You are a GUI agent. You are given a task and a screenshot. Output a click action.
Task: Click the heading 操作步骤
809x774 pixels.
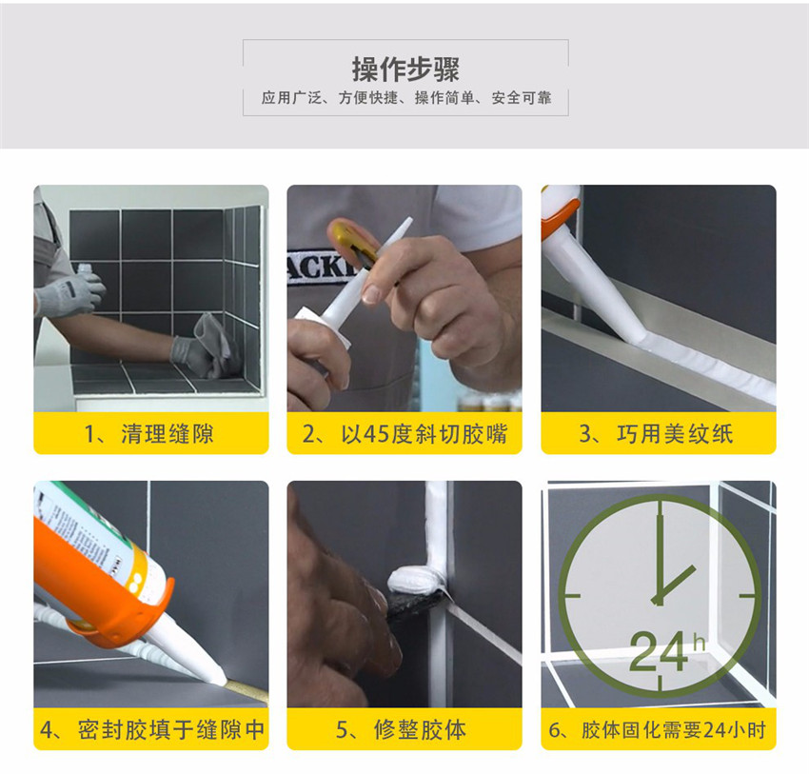coord(405,69)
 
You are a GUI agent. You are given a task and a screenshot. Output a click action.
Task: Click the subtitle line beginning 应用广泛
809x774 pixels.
coord(406,97)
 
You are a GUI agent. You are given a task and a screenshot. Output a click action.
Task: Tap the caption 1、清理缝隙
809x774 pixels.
coord(149,433)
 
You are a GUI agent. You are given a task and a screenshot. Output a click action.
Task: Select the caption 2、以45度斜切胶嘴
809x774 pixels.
coord(405,433)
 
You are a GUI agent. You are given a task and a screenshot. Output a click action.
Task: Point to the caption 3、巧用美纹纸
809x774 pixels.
coord(656,433)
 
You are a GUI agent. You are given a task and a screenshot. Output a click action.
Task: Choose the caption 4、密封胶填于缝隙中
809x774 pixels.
coord(152,729)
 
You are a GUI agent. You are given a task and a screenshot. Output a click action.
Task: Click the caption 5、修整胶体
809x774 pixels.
coord(402,729)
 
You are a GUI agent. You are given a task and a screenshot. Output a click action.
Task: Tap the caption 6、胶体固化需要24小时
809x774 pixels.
coord(658,729)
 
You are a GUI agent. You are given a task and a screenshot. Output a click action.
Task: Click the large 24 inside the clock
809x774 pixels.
coord(659,651)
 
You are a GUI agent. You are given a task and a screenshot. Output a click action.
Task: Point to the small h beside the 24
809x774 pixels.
coord(699,643)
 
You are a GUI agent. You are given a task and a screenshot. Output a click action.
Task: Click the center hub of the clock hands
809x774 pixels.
coord(658,599)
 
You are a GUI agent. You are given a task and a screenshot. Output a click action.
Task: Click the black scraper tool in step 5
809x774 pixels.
coord(415,603)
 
